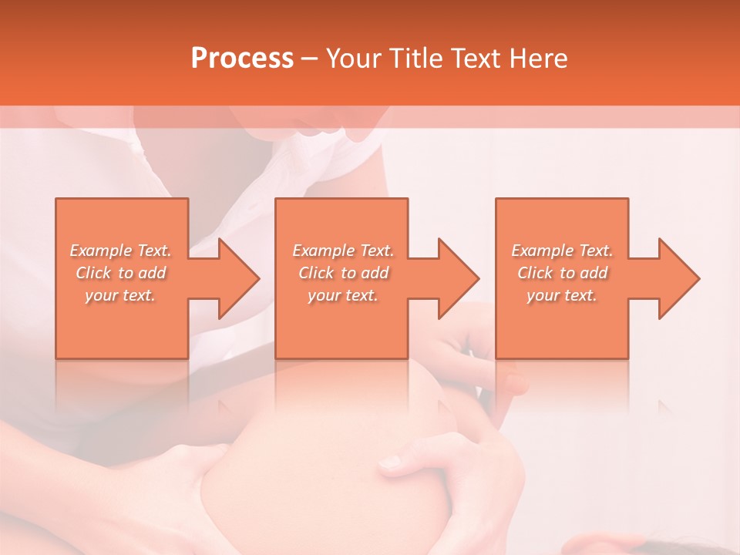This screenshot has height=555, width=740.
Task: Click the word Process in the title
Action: click(x=242, y=59)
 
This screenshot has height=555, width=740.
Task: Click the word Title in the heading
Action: click(x=415, y=59)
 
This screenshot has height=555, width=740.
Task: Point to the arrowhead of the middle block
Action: click(x=458, y=278)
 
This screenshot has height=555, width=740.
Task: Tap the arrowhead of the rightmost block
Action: click(x=678, y=278)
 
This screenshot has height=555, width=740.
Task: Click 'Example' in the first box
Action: click(x=101, y=251)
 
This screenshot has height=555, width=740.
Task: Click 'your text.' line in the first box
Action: click(x=120, y=295)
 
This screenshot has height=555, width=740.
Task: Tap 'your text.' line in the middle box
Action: click(x=342, y=295)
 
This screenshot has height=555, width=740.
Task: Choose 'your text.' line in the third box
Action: click(x=562, y=295)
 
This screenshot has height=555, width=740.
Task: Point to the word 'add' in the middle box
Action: click(x=375, y=273)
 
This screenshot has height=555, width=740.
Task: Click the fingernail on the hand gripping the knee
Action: click(x=391, y=462)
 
